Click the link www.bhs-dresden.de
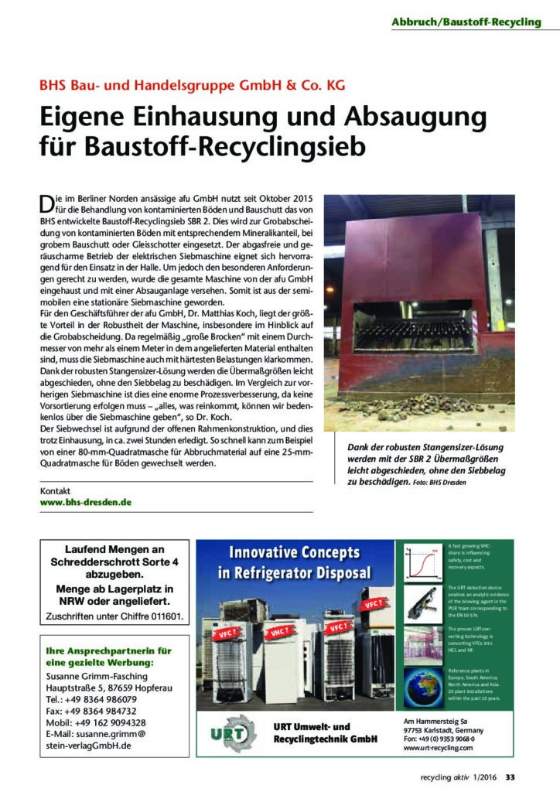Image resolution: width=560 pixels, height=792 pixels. [86, 501]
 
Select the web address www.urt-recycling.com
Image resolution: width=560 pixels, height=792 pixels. [438, 749]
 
